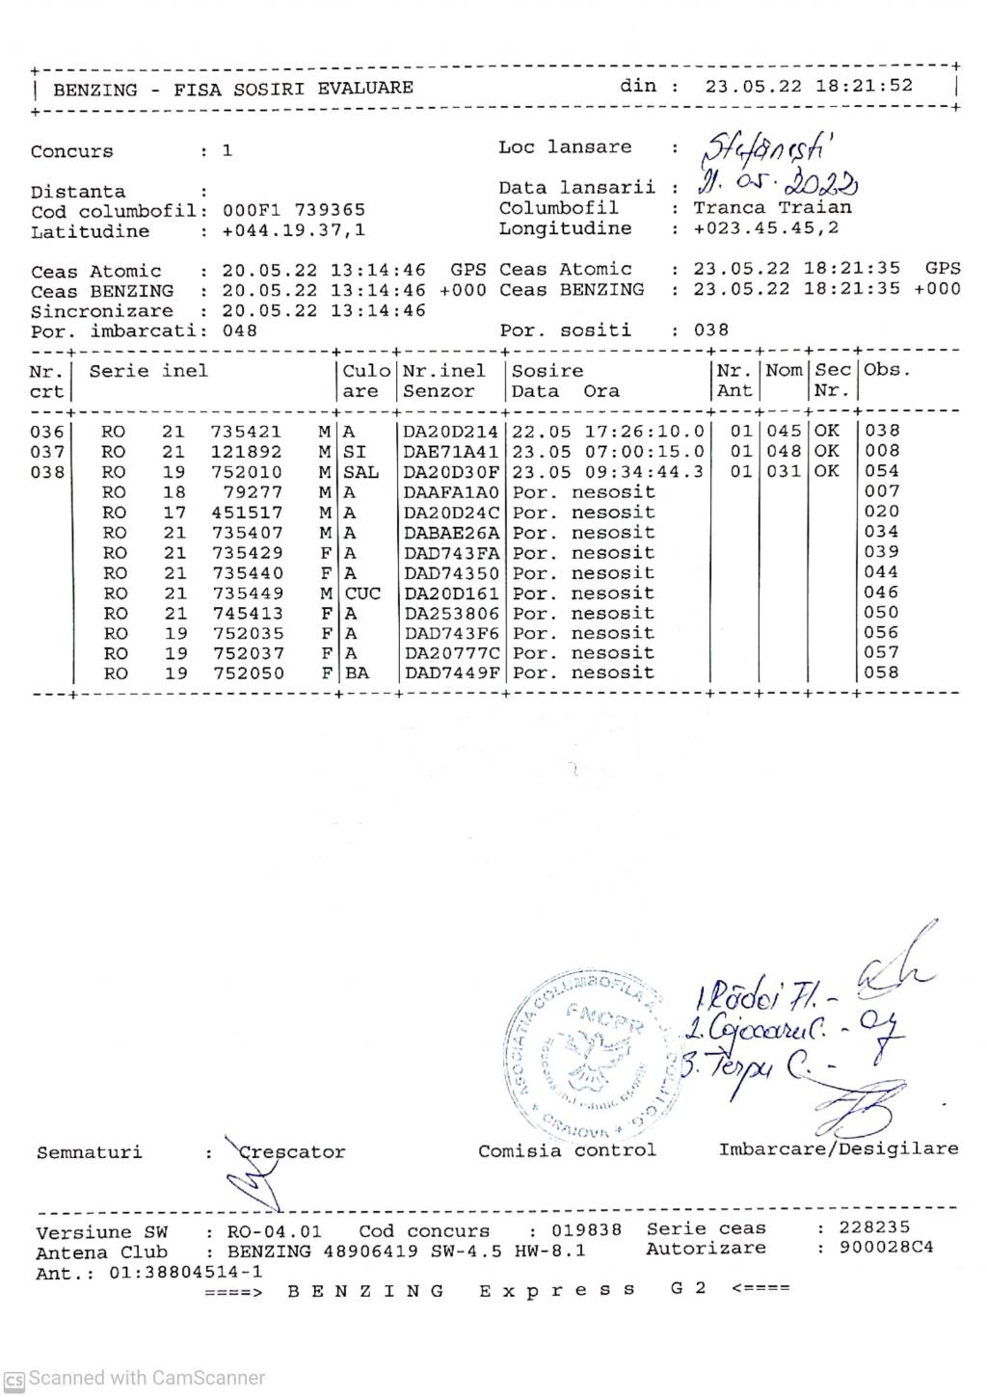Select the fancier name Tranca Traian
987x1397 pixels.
click(x=772, y=208)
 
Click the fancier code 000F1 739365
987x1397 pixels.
click(x=293, y=210)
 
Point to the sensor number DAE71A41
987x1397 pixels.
click(x=450, y=452)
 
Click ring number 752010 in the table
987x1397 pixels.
click(x=247, y=472)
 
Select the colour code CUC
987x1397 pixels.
click(x=362, y=593)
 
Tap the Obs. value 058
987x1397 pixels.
click(x=881, y=672)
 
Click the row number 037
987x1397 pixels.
click(x=47, y=452)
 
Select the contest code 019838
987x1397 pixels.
click(x=586, y=1231)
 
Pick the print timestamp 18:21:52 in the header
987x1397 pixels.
click(x=864, y=86)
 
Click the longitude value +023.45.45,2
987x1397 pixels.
click(x=765, y=229)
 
